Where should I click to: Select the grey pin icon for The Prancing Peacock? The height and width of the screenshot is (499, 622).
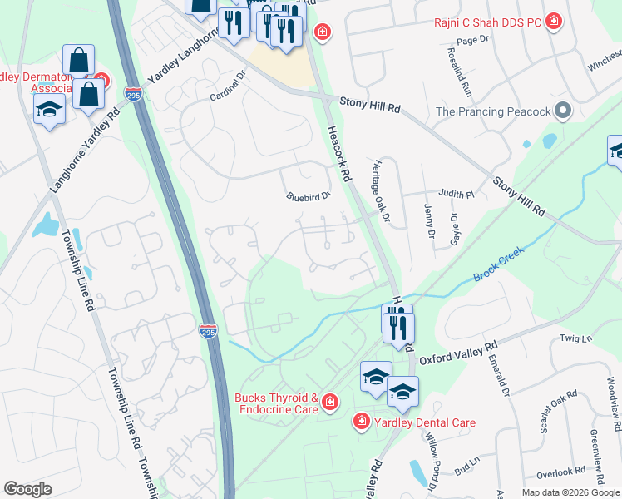pyautogui.click(x=564, y=111)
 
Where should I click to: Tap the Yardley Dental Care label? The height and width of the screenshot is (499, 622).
pyautogui.click(x=424, y=422)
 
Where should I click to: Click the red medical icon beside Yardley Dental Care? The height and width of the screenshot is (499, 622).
pyautogui.click(x=361, y=422)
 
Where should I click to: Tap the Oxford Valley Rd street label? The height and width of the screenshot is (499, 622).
pyautogui.click(x=457, y=353)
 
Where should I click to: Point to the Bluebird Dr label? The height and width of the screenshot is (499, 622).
pyautogui.click(x=309, y=197)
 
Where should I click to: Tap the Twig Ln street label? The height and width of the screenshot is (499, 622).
pyautogui.click(x=575, y=338)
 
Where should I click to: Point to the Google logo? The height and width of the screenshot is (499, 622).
pyautogui.click(x=28, y=489)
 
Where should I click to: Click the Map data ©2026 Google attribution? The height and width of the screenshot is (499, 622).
pyautogui.click(x=569, y=492)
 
